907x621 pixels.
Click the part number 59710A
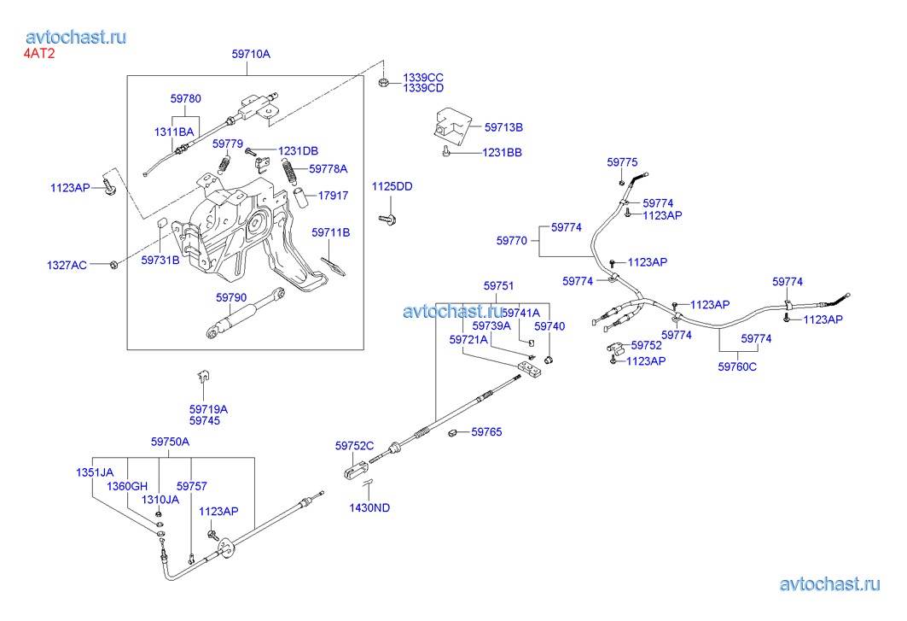click(x=251, y=54)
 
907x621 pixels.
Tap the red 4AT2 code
click(x=39, y=54)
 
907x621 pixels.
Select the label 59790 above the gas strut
click(x=231, y=297)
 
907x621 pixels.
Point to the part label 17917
click(x=333, y=196)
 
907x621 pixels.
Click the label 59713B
click(x=503, y=127)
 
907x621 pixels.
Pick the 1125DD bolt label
click(x=392, y=186)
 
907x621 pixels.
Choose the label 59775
click(x=622, y=162)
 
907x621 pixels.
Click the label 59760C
click(x=737, y=366)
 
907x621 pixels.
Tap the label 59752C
click(x=355, y=446)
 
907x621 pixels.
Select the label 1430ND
click(x=369, y=507)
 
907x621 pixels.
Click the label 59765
click(x=487, y=431)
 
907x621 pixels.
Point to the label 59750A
click(x=170, y=442)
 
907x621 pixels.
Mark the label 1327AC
click(x=67, y=265)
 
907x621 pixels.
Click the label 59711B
click(x=331, y=232)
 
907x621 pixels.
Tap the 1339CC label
click(x=423, y=78)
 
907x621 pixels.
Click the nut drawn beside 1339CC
click(x=383, y=83)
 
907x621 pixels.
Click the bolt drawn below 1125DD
click(x=387, y=220)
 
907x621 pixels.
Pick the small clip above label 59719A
click(x=203, y=377)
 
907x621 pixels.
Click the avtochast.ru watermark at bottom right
click(x=830, y=584)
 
